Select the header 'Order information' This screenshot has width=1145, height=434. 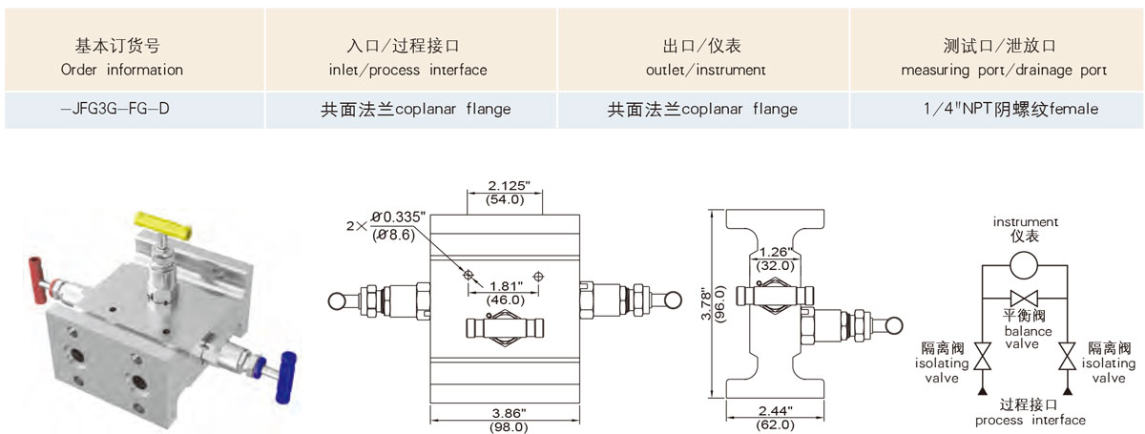click(x=121, y=70)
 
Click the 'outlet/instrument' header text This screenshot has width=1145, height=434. click(x=705, y=70)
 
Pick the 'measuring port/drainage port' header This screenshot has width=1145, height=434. click(x=1004, y=70)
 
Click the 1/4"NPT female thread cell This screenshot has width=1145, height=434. click(x=1004, y=109)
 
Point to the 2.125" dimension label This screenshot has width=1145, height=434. click(x=505, y=184)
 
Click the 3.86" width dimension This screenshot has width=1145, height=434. click(x=506, y=413)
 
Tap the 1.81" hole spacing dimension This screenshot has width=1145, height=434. click(x=505, y=285)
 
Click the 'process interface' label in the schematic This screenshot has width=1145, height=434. click(x=1030, y=420)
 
